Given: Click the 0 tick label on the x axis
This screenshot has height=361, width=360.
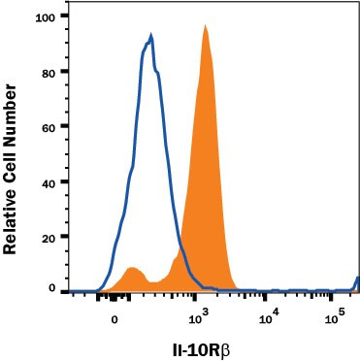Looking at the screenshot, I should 115,319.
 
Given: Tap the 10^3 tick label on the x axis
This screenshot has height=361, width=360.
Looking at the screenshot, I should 200,317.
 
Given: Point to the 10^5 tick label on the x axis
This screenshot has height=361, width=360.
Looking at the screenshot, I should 336,317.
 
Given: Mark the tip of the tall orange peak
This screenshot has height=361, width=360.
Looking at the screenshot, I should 206,26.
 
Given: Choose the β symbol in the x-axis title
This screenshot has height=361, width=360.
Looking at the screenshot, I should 231,346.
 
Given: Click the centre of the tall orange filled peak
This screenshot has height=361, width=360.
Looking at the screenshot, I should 206,175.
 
